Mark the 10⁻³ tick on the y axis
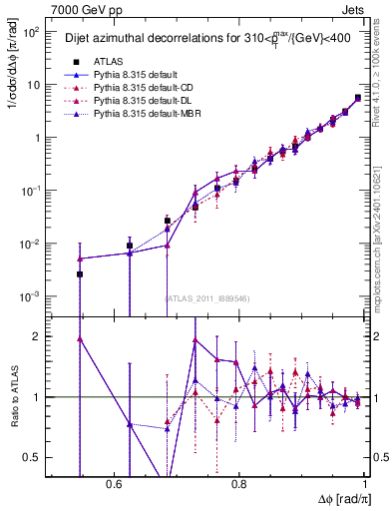click(32, 296)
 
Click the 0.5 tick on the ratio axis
click(34, 457)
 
